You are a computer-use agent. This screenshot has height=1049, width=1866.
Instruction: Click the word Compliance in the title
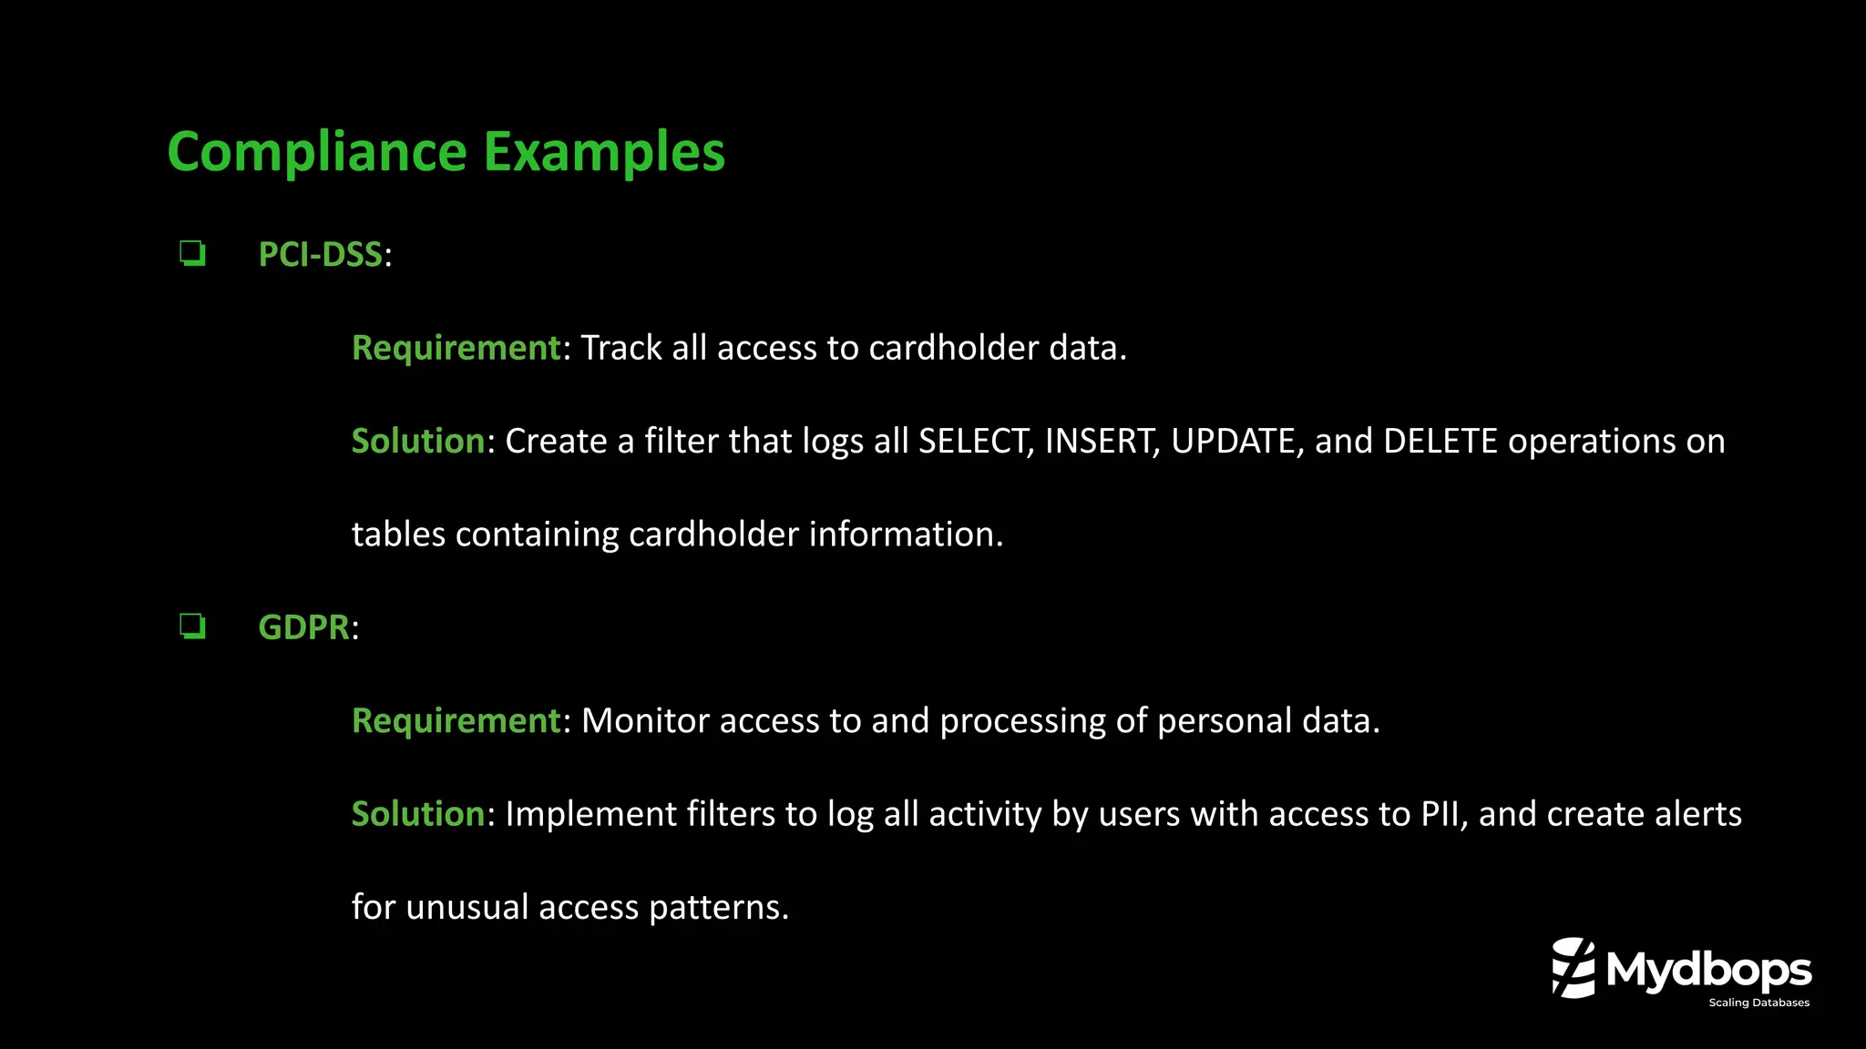click(317, 152)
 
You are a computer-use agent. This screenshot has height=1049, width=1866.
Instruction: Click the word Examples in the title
click(604, 152)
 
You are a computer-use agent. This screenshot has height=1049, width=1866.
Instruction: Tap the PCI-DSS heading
click(320, 254)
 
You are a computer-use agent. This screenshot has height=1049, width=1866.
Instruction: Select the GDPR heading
click(303, 627)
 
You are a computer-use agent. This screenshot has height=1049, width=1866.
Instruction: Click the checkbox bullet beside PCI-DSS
click(192, 253)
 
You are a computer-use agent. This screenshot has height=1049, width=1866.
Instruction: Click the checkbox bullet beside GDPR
click(192, 626)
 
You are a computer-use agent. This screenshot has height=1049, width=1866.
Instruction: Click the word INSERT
click(1101, 442)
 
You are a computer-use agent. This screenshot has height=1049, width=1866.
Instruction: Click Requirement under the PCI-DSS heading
click(456, 348)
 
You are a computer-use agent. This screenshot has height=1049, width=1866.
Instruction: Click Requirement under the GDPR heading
click(456, 721)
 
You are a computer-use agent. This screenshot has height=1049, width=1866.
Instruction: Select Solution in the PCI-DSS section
click(417, 442)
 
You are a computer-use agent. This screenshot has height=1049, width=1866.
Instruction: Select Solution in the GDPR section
click(417, 814)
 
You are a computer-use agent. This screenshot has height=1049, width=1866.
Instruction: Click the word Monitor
click(644, 721)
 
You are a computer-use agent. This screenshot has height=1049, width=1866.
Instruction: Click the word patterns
click(717, 908)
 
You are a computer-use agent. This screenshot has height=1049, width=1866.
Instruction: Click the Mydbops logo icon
click(1574, 967)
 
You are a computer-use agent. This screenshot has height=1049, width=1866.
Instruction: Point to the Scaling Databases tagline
click(1758, 1003)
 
